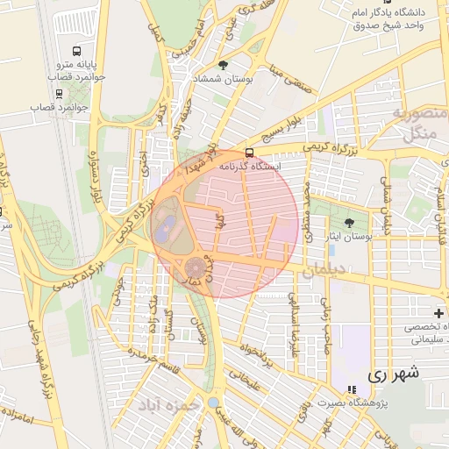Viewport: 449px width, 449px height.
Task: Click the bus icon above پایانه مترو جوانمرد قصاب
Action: coord(77,51)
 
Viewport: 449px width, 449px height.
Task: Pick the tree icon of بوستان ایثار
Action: coord(351,223)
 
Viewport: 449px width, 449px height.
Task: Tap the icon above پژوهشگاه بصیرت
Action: coord(352,389)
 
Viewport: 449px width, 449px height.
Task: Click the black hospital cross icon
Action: coord(438,313)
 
